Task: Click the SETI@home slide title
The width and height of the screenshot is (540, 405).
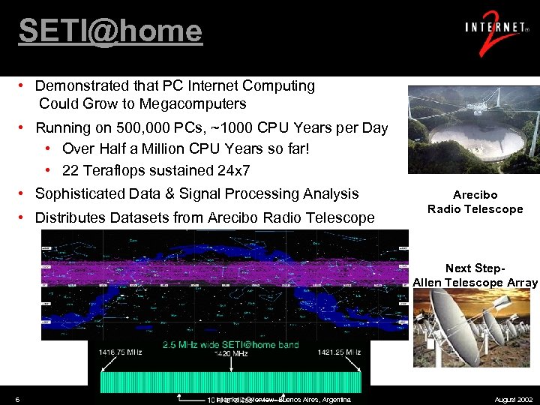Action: tap(110, 31)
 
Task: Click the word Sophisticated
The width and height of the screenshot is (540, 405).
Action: tap(82, 193)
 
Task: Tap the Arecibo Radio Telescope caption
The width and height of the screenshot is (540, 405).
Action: tap(475, 202)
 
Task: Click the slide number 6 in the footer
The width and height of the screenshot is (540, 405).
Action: tap(17, 399)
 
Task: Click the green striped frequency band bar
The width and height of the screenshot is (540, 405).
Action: tap(225, 381)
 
